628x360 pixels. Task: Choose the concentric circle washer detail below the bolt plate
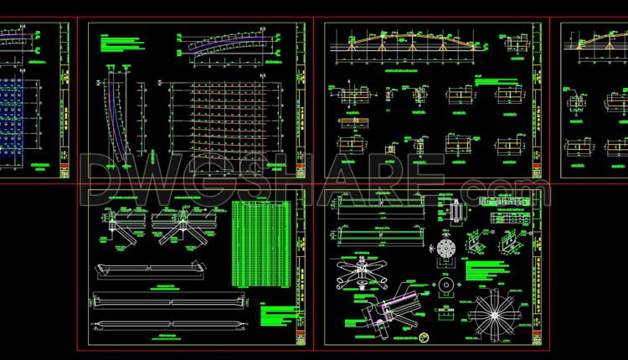pyautogui.click(x=445, y=286)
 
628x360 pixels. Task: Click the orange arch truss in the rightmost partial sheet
pyautogui.click(x=599, y=39)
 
